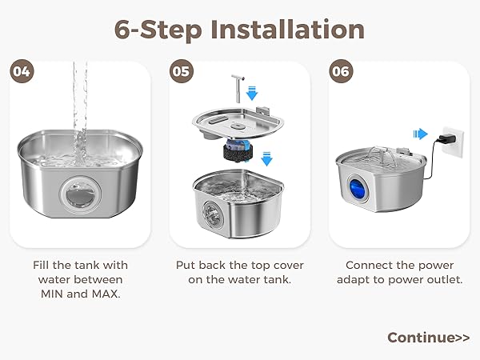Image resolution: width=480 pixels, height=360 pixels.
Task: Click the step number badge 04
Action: coord(22,71)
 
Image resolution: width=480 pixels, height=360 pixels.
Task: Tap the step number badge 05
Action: coord(182,71)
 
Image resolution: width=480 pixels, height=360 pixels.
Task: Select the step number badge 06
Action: coord(342,71)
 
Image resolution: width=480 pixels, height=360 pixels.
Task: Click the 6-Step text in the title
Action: coord(157,29)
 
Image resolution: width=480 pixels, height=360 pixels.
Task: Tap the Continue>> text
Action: coord(428,337)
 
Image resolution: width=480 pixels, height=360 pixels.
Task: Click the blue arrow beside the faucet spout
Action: coord(252,95)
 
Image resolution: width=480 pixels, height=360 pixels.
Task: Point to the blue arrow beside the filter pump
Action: coord(266,158)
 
